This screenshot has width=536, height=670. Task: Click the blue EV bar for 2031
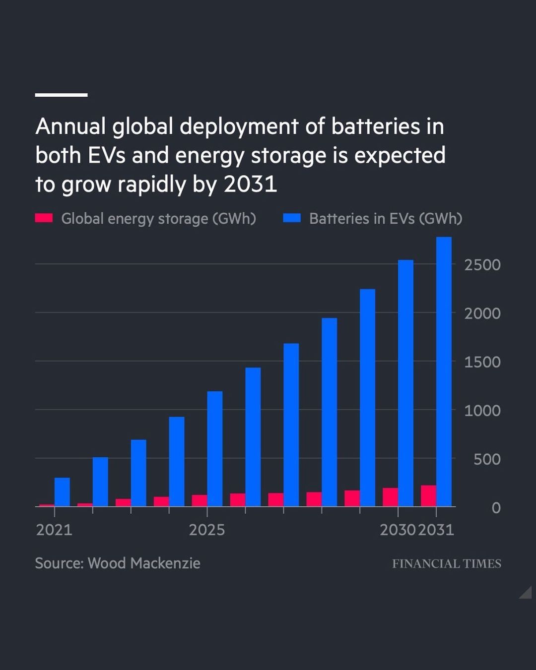(x=444, y=372)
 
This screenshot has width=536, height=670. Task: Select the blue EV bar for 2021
(x=62, y=492)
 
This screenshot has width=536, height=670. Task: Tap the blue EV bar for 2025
(x=215, y=449)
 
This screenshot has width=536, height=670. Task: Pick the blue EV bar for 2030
(x=405, y=383)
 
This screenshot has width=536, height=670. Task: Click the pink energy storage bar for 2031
(x=428, y=496)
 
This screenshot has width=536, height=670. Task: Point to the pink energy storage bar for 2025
(x=200, y=500)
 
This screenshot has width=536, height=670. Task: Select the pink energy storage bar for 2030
(x=390, y=497)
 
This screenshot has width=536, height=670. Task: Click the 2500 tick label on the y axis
(x=482, y=265)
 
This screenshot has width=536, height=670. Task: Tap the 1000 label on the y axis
(x=482, y=411)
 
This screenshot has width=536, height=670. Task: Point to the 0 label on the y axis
(x=495, y=508)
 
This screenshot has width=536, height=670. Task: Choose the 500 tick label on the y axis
(x=486, y=459)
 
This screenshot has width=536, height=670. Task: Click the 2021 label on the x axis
(x=54, y=530)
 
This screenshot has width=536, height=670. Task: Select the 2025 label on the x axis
(x=207, y=530)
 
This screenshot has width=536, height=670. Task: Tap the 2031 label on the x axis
(x=436, y=530)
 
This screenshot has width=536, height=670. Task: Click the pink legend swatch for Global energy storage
(x=44, y=218)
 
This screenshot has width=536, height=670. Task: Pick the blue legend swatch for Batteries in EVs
(x=292, y=218)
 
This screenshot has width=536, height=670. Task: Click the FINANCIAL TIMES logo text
(x=446, y=563)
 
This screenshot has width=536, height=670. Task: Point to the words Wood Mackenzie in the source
(x=144, y=563)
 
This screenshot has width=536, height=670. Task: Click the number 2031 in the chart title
(x=250, y=184)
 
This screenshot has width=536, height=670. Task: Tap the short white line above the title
(x=61, y=95)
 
